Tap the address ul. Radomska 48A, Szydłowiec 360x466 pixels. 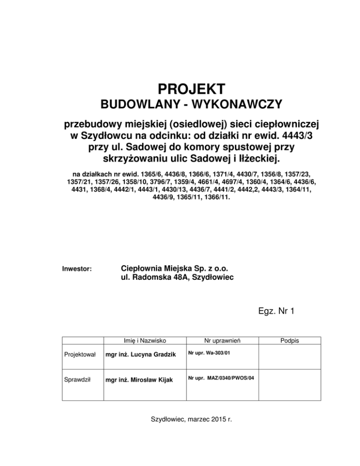tap(178, 278)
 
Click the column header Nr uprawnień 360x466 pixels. tap(219, 340)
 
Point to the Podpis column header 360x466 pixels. tap(290, 340)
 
